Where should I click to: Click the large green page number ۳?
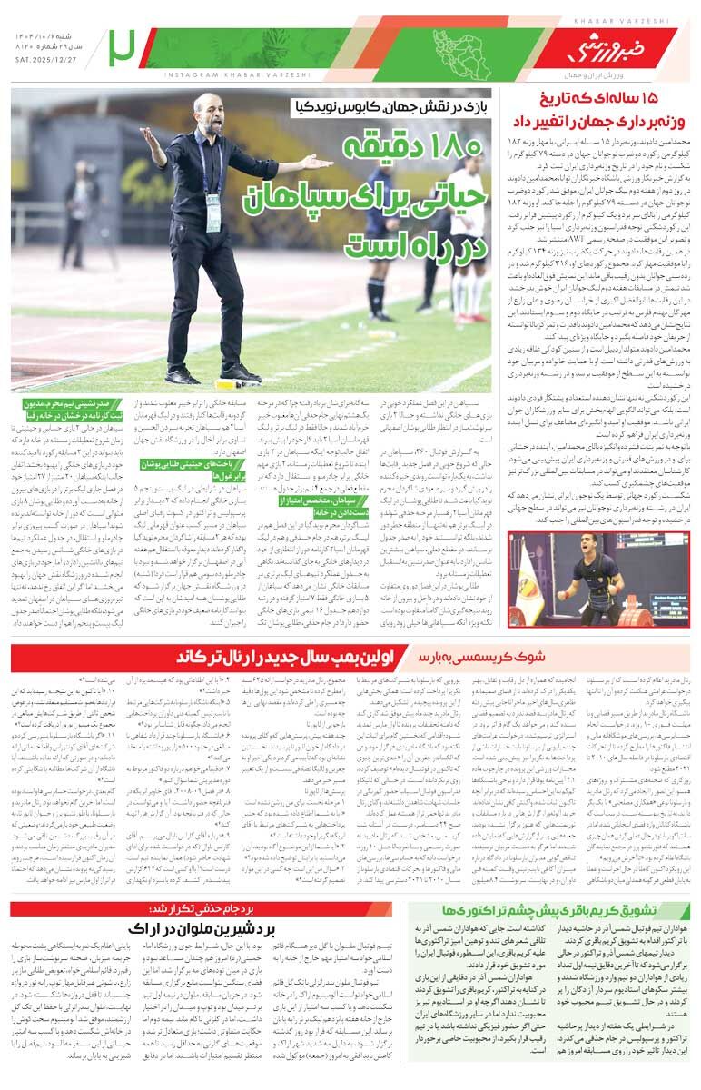coord(121,48)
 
